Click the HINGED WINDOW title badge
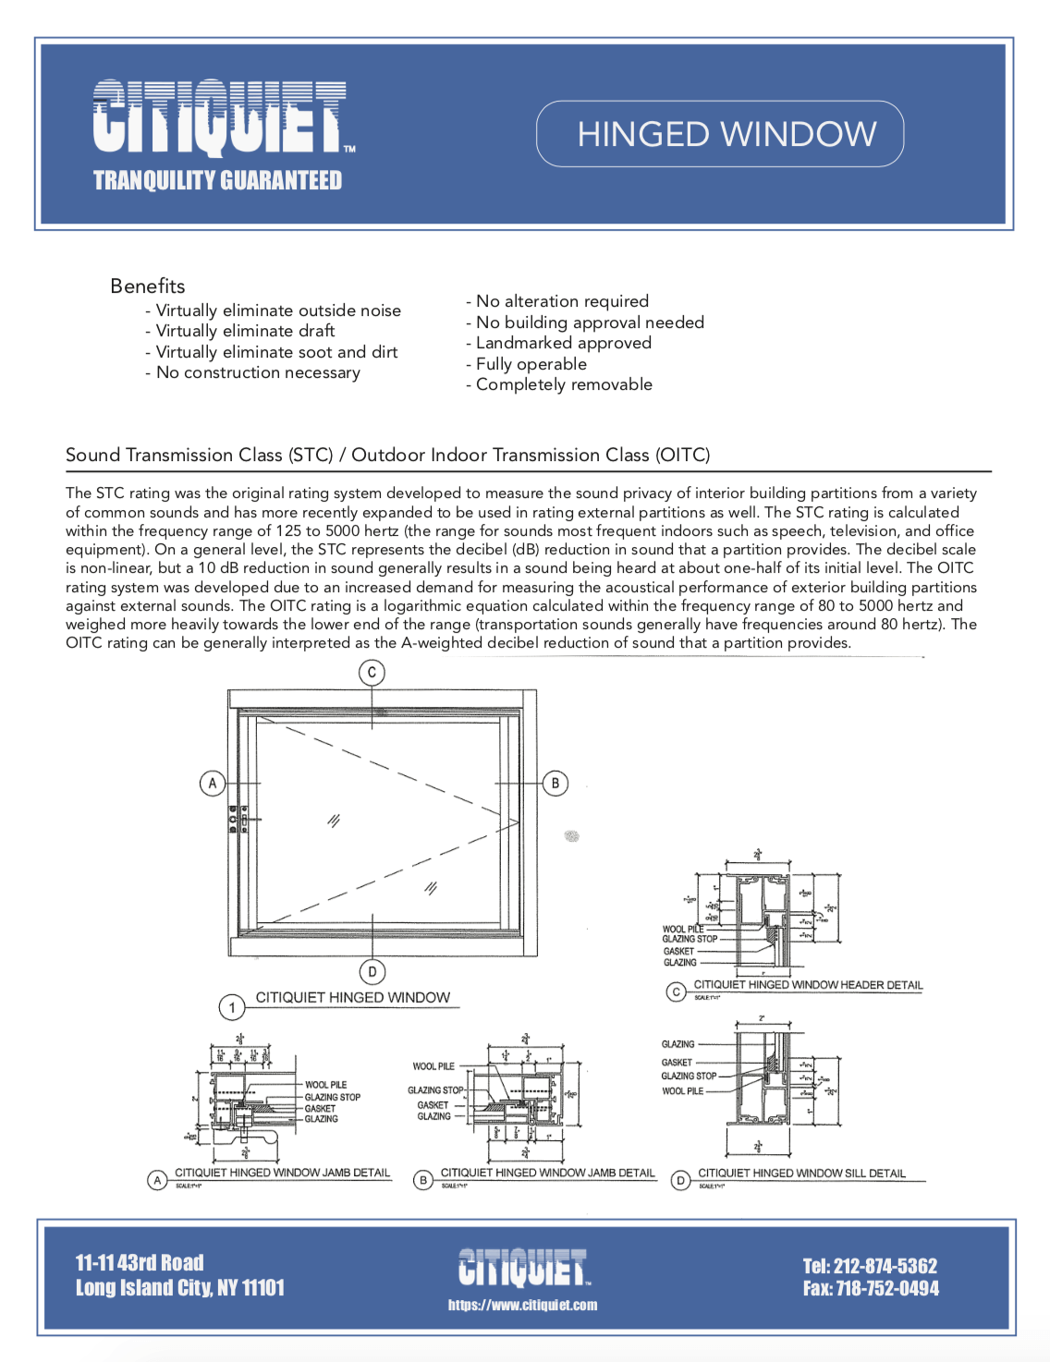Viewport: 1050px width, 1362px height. [720, 134]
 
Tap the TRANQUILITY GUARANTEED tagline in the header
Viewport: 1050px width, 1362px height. [217, 180]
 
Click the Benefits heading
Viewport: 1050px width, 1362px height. [148, 286]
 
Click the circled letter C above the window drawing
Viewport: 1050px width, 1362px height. [372, 673]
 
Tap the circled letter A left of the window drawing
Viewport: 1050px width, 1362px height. [213, 784]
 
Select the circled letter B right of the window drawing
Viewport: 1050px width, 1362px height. [555, 784]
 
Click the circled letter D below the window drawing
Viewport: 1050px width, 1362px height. [372, 971]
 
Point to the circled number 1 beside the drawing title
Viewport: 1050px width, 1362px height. [232, 1007]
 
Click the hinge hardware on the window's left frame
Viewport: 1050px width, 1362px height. [238, 820]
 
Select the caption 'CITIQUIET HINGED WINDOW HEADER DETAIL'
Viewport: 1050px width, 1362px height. [808, 985]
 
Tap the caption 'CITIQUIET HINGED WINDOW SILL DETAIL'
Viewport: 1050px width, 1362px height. [801, 1174]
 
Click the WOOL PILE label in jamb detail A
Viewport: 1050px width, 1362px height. [325, 1085]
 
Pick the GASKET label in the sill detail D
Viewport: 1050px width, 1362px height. [677, 1063]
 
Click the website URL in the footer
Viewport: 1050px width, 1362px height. [522, 1306]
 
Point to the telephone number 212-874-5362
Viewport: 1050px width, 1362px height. [870, 1266]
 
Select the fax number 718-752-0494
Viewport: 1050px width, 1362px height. [870, 1289]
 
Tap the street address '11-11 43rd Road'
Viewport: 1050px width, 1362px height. [140, 1263]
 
